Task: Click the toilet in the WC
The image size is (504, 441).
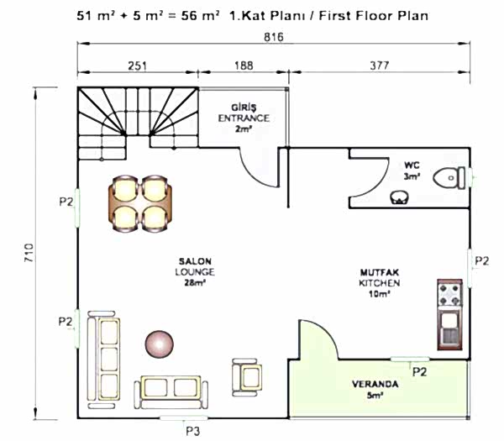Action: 449,178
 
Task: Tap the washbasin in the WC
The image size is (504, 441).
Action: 400,197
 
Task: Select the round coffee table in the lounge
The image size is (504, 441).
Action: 160,344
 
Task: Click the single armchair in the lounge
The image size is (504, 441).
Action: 247,377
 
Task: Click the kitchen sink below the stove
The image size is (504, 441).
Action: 450,328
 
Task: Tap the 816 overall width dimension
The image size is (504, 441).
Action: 274,37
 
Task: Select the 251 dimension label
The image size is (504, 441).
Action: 137,66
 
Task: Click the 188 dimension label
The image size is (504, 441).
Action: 244,66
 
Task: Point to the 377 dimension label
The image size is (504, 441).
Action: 380,66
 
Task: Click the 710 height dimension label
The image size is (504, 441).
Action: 29,253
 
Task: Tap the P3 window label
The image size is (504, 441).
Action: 193,431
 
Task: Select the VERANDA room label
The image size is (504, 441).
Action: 375,384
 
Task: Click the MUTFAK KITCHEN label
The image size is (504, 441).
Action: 380,278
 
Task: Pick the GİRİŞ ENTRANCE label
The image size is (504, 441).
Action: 244,113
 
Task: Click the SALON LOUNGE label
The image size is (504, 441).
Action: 195,267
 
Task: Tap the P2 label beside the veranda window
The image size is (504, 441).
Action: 419,372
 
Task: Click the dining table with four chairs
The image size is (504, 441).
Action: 140,203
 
